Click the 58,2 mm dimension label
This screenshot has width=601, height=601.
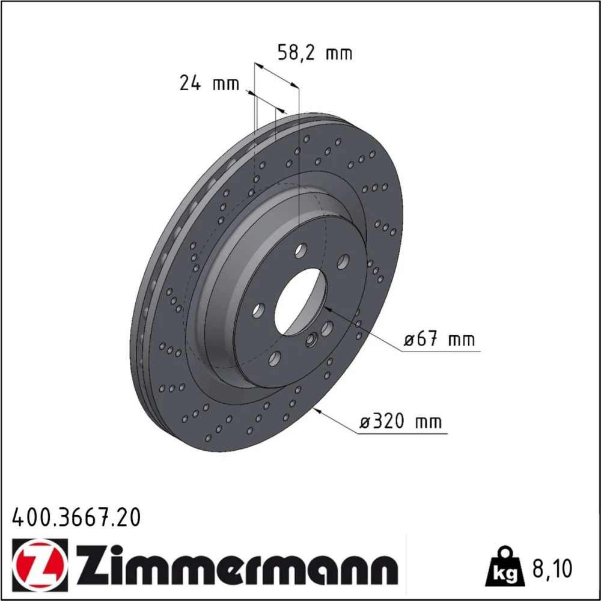315,53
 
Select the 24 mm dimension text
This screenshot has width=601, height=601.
209,83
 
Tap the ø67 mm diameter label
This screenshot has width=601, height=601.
439,339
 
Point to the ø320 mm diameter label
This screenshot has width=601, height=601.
400,422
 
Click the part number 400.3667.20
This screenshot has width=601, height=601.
77,517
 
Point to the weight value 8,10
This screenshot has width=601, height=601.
552,569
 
